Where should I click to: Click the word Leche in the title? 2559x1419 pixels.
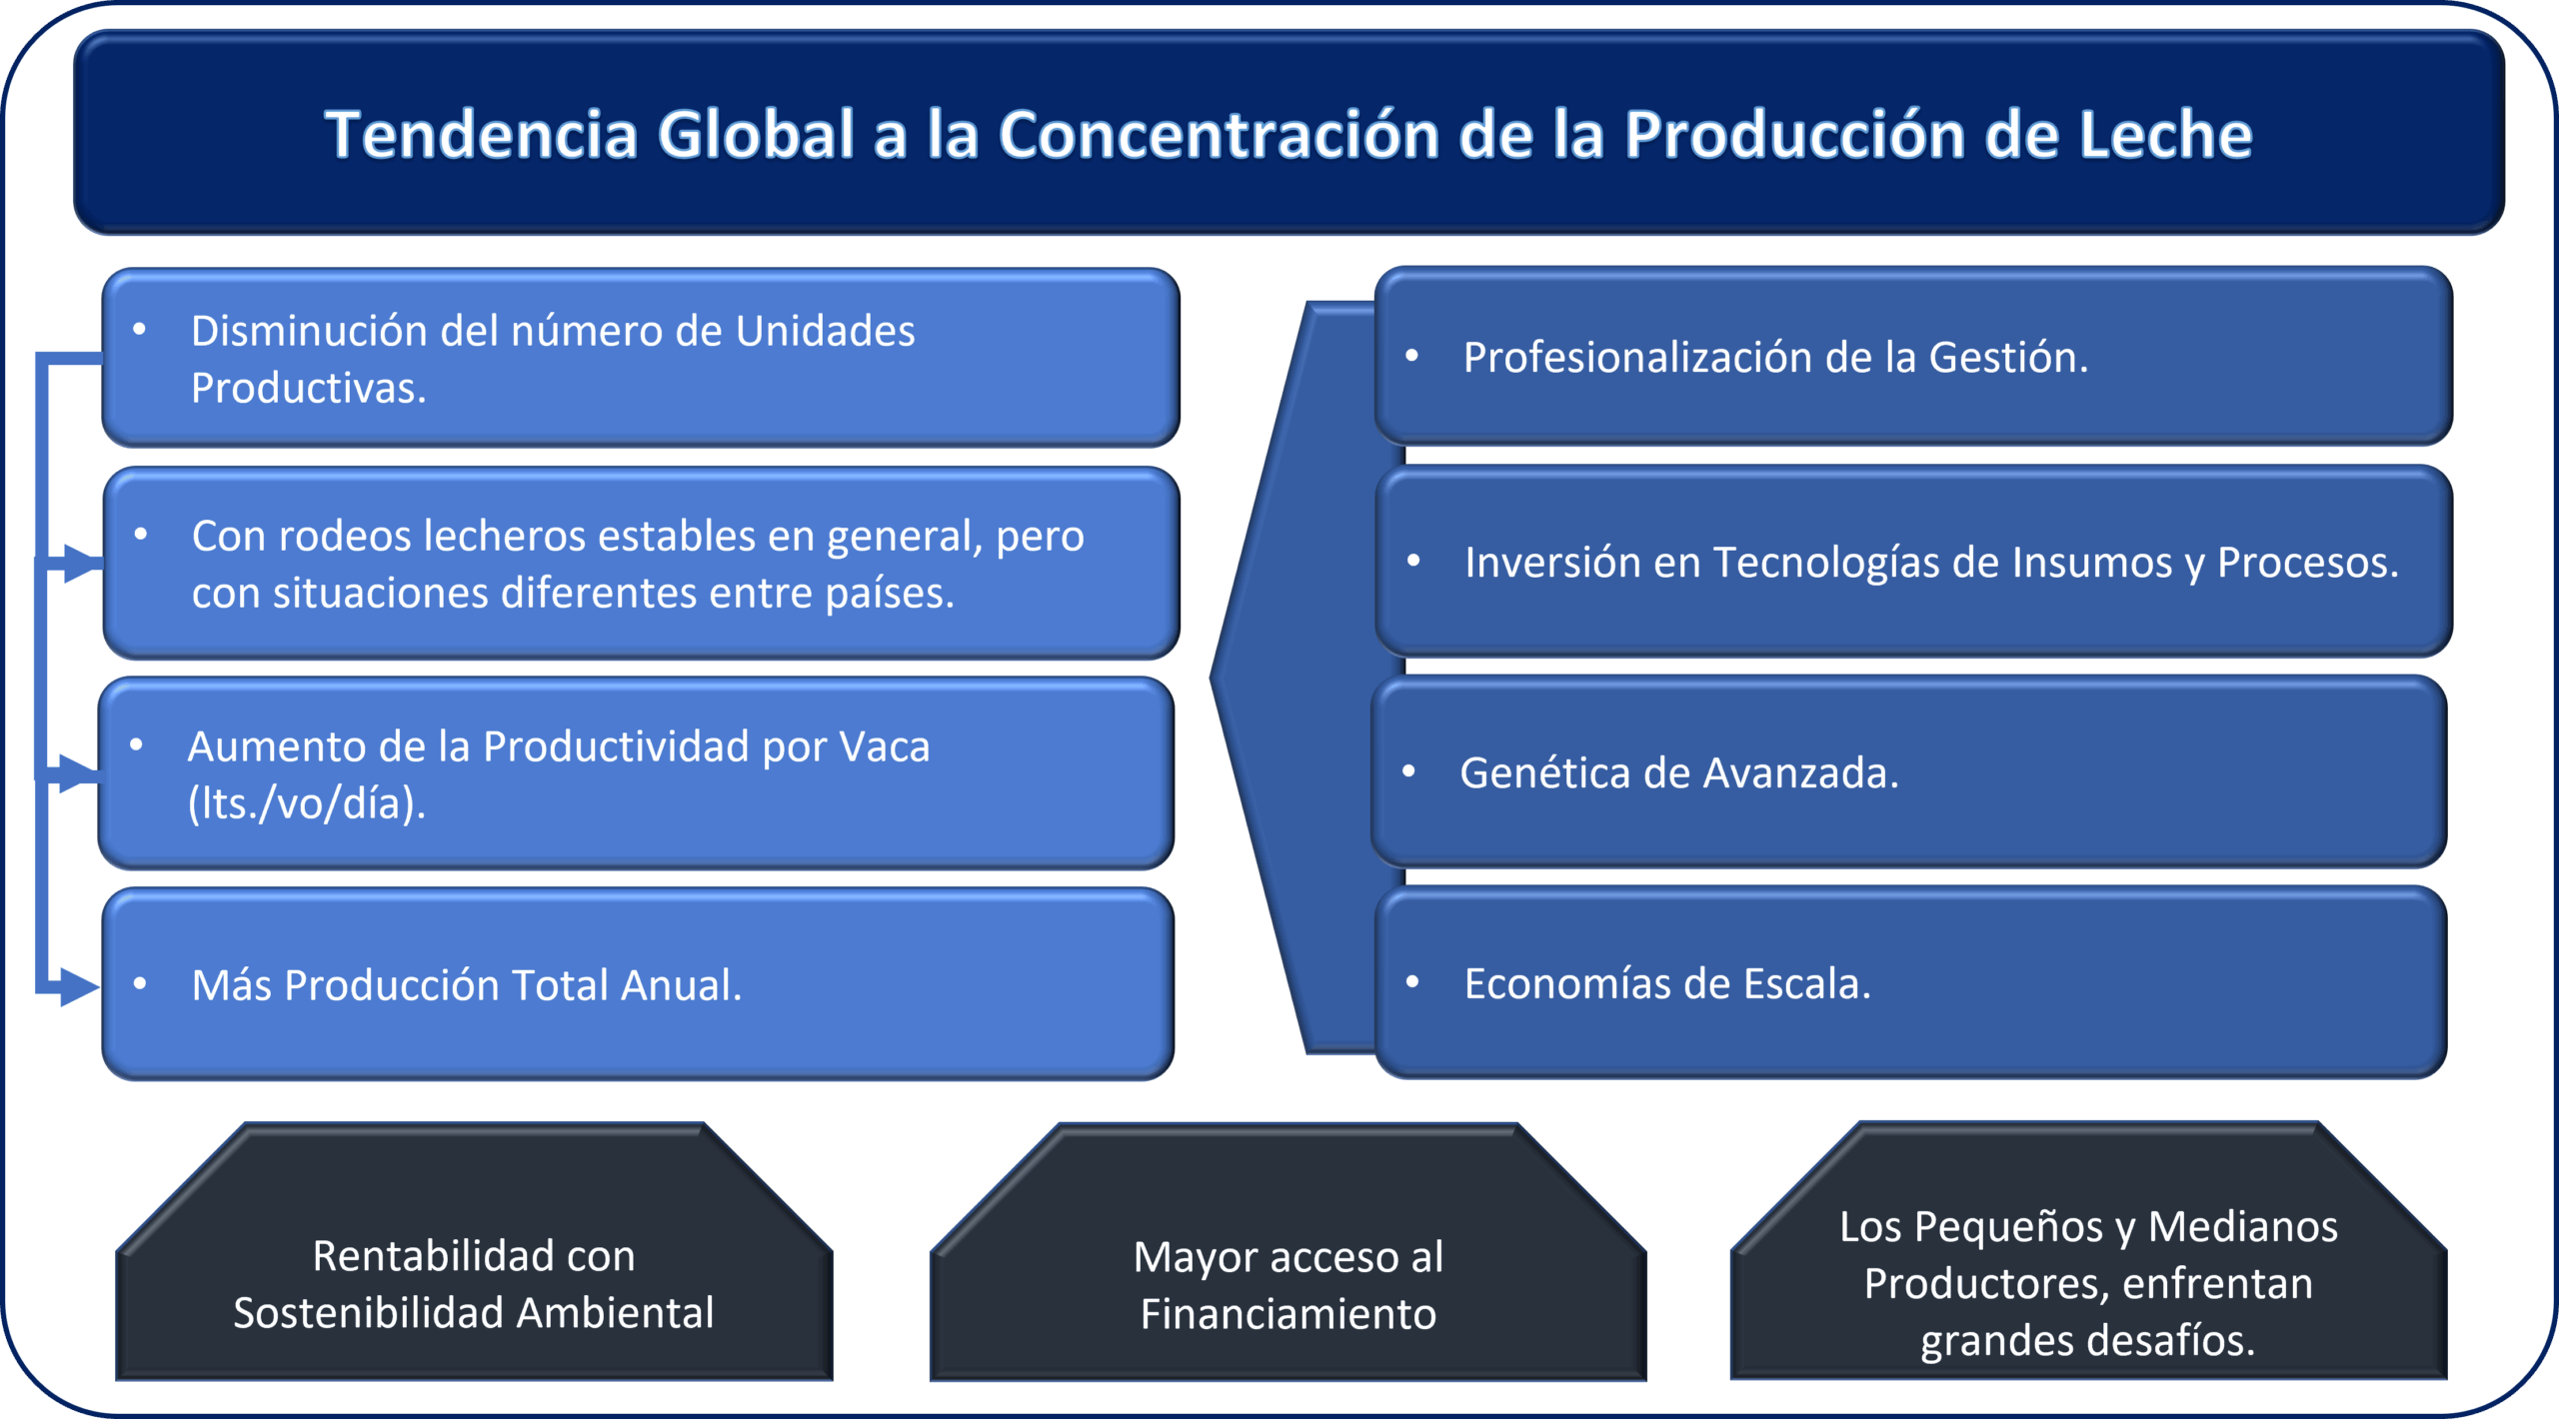pyautogui.click(x=2165, y=135)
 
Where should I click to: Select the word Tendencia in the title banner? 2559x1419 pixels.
pyautogui.click(x=481, y=135)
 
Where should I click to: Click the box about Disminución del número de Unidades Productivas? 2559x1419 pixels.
pyautogui.click(x=641, y=358)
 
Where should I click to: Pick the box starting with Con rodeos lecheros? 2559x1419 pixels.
pyautogui.click(x=641, y=564)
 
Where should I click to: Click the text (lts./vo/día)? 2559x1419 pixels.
pyautogui.click(x=307, y=803)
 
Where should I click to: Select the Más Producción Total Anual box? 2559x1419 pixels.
pyautogui.click(x=638, y=984)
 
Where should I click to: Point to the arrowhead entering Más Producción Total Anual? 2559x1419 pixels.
pyautogui.click(x=80, y=986)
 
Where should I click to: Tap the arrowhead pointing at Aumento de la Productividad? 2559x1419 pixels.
pyautogui.click(x=79, y=773)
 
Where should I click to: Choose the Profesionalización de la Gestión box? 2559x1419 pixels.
pyautogui.click(x=1913, y=356)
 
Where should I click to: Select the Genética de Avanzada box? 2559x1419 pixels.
pyautogui.click(x=1909, y=771)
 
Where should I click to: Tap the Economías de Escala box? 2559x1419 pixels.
pyautogui.click(x=1911, y=982)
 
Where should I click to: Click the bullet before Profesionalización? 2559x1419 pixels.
pyautogui.click(x=1412, y=356)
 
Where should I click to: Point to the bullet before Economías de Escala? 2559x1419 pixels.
pyautogui.click(x=1412, y=982)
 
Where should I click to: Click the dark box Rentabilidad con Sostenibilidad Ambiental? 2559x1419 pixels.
pyautogui.click(x=474, y=1251)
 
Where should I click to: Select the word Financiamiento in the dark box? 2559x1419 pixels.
pyautogui.click(x=1288, y=1314)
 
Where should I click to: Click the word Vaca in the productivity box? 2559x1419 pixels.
pyautogui.click(x=885, y=746)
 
